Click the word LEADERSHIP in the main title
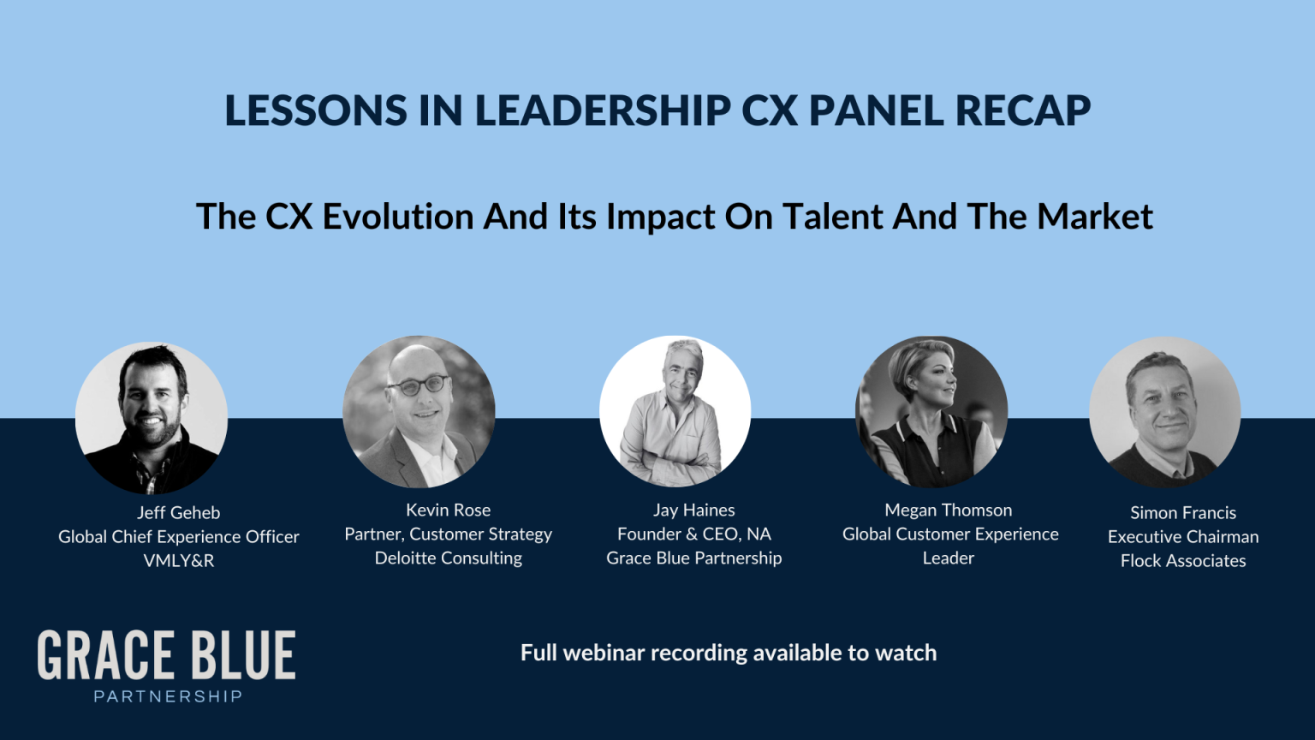[603, 111]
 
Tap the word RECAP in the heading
[1023, 111]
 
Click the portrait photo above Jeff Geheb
[152, 417]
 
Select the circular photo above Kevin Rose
[419, 412]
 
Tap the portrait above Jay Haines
[675, 411]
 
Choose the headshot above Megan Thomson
[931, 412]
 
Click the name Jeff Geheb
[178, 512]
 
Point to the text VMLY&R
[178, 560]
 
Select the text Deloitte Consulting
[448, 558]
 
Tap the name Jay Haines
[693, 510]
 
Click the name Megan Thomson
[948, 510]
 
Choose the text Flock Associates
[1183, 560]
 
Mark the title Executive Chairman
[1183, 536]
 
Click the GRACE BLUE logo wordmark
[167, 655]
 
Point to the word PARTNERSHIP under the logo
[168, 696]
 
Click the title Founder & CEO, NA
[693, 534]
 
